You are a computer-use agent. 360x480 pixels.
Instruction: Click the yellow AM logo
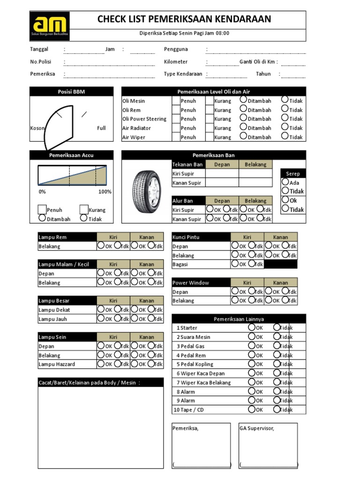49,26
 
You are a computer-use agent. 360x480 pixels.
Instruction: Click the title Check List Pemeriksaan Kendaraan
184,19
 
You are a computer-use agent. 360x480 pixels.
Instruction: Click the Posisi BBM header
71,92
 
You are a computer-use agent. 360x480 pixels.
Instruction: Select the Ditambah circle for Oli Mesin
243,100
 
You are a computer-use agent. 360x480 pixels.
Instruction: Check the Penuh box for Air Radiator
176,128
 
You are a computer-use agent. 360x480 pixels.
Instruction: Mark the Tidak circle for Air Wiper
285,136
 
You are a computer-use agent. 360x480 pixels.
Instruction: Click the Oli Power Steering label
144,119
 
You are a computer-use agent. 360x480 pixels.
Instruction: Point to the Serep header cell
292,173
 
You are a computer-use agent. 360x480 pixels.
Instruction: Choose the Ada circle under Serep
285,182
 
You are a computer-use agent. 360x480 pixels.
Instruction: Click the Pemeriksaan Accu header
71,155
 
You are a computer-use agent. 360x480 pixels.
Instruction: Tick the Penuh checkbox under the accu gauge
42,210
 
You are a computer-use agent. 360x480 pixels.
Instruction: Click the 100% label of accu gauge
105,192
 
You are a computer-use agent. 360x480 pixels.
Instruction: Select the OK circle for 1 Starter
252,327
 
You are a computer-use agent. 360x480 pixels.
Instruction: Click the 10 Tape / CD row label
189,410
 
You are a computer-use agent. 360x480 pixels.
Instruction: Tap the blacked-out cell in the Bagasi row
280,264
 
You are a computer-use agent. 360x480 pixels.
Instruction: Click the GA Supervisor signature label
256,428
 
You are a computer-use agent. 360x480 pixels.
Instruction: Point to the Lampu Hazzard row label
57,364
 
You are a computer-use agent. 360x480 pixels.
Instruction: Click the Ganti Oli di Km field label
258,62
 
